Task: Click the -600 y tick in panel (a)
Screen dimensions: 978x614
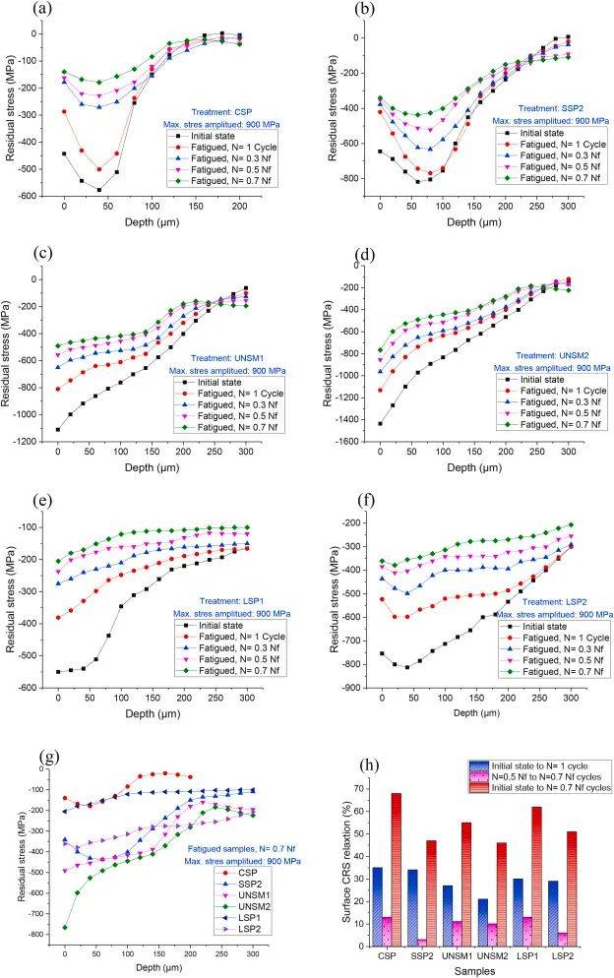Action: pos(36,198)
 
